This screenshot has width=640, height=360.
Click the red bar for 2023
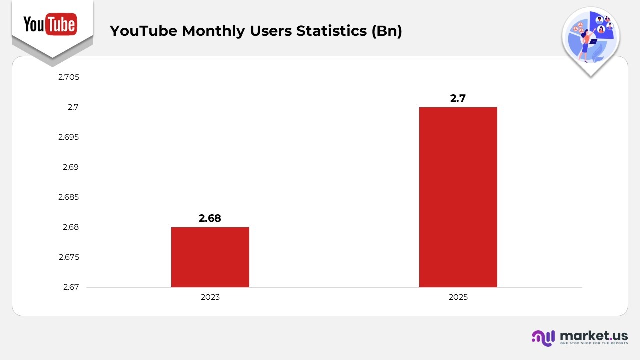[x=210, y=257]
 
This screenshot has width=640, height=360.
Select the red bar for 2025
[x=458, y=197]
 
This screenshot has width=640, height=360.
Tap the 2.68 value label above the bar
[x=210, y=218]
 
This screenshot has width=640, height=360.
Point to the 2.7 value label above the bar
[x=458, y=98]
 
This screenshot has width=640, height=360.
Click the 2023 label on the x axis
[x=210, y=297]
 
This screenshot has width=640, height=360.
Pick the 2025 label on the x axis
[x=458, y=297]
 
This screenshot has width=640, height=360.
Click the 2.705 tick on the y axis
[x=69, y=77]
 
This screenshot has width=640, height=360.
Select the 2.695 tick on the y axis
[x=69, y=137]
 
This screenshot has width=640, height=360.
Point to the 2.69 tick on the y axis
[x=71, y=167]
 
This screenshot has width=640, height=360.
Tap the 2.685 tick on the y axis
[x=69, y=197]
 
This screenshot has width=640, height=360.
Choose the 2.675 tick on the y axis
[x=69, y=257]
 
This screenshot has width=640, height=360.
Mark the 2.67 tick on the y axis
[x=71, y=287]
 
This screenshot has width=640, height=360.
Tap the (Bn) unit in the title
[x=387, y=31]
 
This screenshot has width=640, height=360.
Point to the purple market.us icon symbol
[x=543, y=338]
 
